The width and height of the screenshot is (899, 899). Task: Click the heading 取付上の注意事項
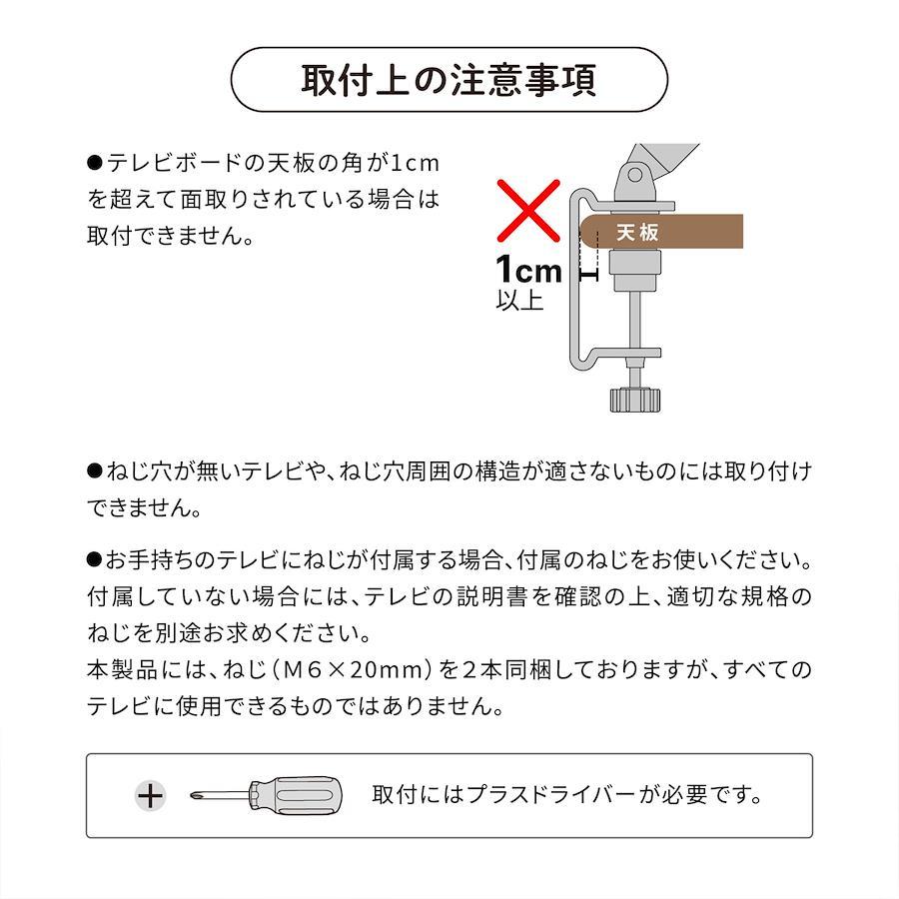pos(449,80)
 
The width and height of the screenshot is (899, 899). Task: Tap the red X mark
pos(528,211)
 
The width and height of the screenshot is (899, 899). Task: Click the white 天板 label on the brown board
pos(637,232)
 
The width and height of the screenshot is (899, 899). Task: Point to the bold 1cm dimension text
pos(528,269)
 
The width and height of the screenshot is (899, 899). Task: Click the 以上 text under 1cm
pos(519,300)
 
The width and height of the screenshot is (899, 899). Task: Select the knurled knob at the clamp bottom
pos(634,400)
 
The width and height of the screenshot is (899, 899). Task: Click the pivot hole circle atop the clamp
pos(634,174)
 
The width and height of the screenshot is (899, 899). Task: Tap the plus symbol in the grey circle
pos(150,795)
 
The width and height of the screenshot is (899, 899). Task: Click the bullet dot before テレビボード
pos(95,164)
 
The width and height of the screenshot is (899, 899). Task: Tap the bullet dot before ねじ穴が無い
pos(95,471)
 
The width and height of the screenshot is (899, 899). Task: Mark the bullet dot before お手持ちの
pos(95,559)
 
